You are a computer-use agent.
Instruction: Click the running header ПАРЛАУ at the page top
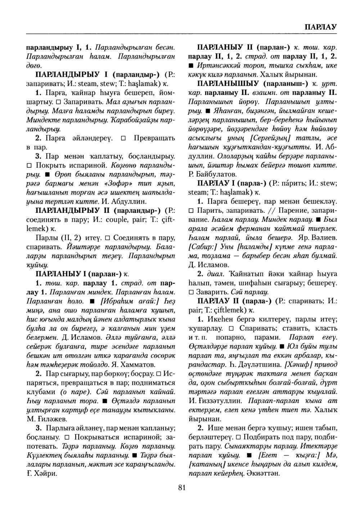click(320, 27)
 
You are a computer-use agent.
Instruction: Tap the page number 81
click(181, 488)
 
